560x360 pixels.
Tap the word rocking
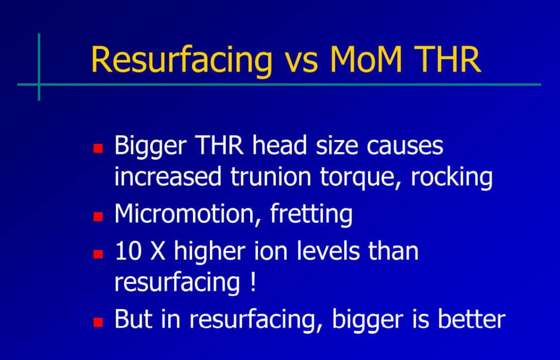click(453, 177)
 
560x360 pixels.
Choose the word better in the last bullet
click(471, 319)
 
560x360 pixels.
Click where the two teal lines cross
click(39, 84)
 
